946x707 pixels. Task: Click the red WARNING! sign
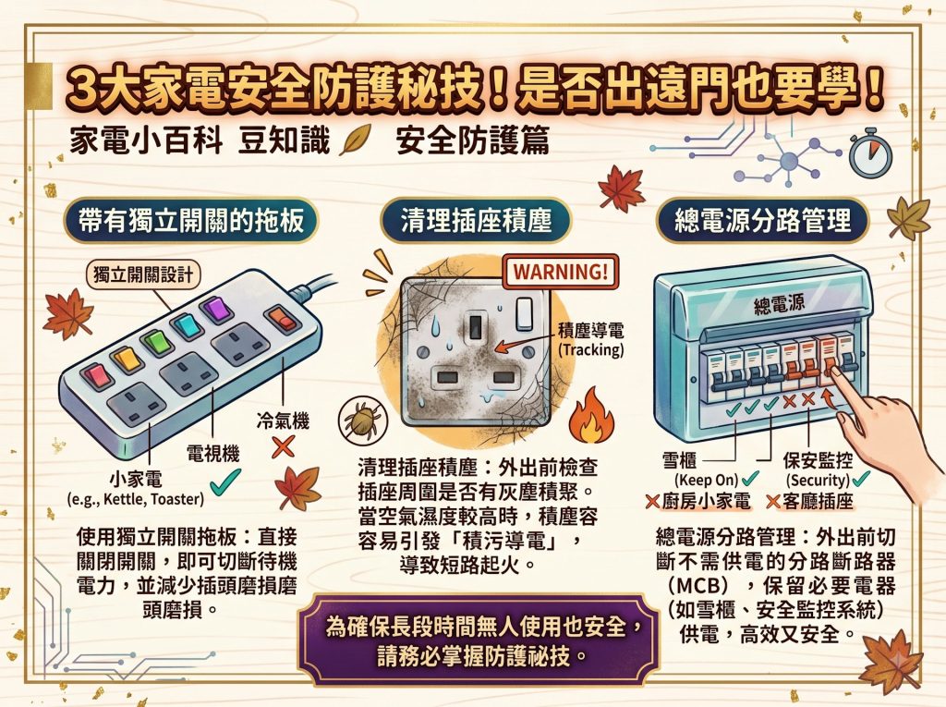tap(561, 271)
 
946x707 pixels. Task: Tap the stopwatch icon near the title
tap(870, 152)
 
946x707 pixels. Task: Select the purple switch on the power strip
tap(216, 311)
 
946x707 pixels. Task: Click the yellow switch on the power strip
tap(127, 360)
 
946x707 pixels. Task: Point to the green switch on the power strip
tap(156, 342)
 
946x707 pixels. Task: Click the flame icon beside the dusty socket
tap(590, 416)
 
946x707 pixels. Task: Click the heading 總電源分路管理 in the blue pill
tap(762, 219)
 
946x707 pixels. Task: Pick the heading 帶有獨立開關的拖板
tap(191, 219)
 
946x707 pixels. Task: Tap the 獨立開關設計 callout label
tap(143, 274)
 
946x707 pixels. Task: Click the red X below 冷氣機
tap(283, 447)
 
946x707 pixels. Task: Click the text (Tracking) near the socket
tap(590, 349)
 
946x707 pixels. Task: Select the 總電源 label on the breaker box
tap(779, 304)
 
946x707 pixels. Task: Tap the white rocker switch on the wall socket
tap(525, 314)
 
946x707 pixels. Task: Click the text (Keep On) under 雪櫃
tap(706, 481)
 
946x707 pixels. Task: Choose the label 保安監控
tap(818, 460)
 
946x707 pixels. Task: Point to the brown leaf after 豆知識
tap(355, 141)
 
